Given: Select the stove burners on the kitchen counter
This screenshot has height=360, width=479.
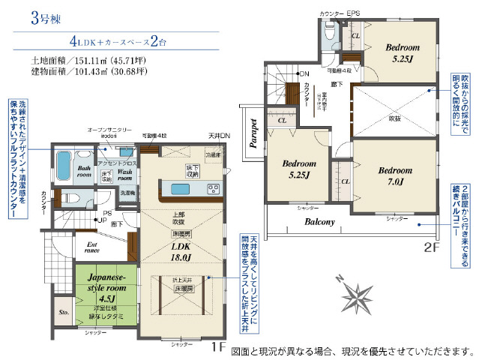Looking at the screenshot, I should pos(213,188).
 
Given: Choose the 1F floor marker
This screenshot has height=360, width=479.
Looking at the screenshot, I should pos(217,347).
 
